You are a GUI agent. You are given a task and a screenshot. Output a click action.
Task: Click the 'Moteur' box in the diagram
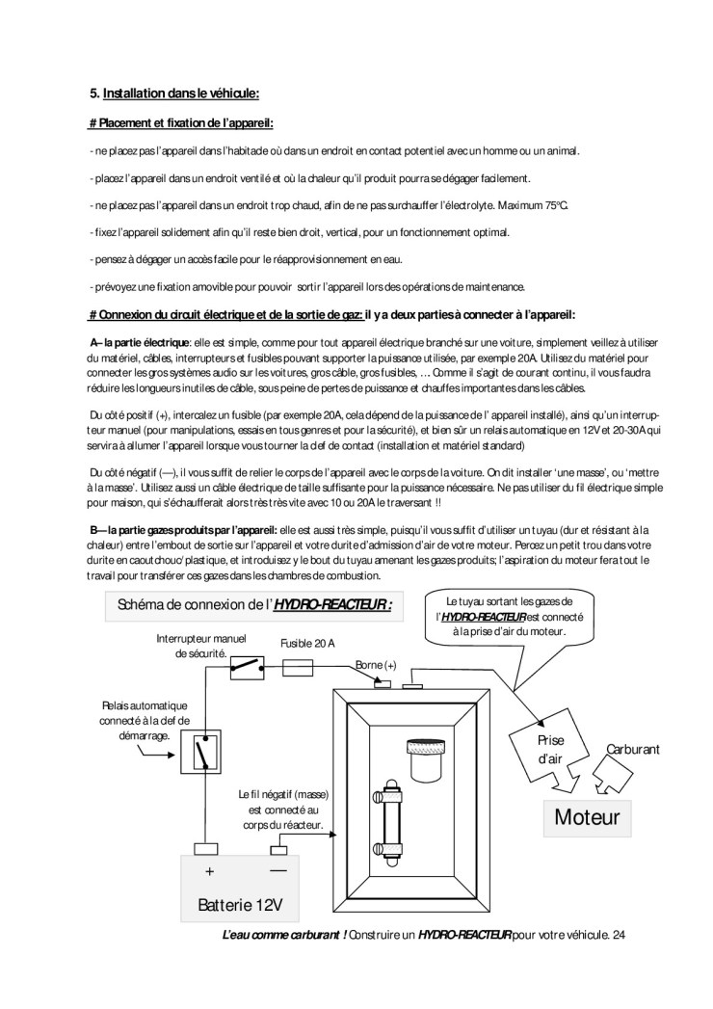click(587, 818)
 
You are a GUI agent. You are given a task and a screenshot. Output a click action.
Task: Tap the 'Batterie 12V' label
click(240, 906)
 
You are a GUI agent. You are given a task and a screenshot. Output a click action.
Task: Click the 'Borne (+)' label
click(376, 665)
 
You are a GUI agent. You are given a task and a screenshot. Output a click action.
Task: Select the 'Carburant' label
click(632, 749)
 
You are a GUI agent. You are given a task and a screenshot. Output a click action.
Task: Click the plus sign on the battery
click(209, 870)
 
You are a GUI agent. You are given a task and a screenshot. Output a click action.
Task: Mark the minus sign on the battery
click(278, 869)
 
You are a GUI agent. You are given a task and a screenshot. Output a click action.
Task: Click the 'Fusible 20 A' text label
click(307, 643)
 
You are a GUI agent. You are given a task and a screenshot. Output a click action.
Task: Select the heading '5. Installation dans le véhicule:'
click(174, 93)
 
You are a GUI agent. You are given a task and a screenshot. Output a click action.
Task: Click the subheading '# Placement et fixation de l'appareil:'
click(181, 123)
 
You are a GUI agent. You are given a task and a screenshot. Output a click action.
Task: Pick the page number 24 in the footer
click(619, 935)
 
